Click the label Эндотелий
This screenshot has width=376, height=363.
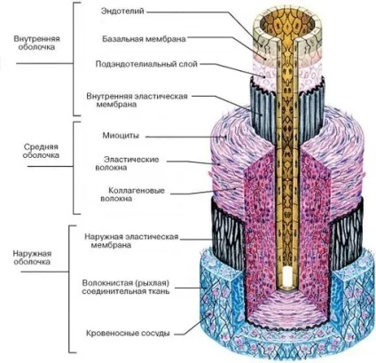(x=122, y=12)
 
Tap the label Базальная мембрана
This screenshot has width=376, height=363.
(x=144, y=39)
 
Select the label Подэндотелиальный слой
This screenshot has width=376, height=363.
(x=146, y=64)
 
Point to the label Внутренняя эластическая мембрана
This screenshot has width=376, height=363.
(x=137, y=100)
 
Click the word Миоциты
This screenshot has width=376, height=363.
(x=121, y=136)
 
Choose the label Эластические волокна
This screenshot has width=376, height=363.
(x=127, y=163)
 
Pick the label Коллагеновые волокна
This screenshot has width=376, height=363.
(x=132, y=194)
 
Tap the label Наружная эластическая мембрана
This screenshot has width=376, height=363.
(x=131, y=241)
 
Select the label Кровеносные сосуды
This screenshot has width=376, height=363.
(x=128, y=333)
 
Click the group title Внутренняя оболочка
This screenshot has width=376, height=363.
(x=36, y=43)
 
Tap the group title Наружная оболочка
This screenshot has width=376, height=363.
(x=32, y=257)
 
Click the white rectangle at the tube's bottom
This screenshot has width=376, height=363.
(x=287, y=277)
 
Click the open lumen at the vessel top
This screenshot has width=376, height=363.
(x=286, y=25)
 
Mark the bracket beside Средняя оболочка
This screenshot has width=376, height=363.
(x=73, y=168)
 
